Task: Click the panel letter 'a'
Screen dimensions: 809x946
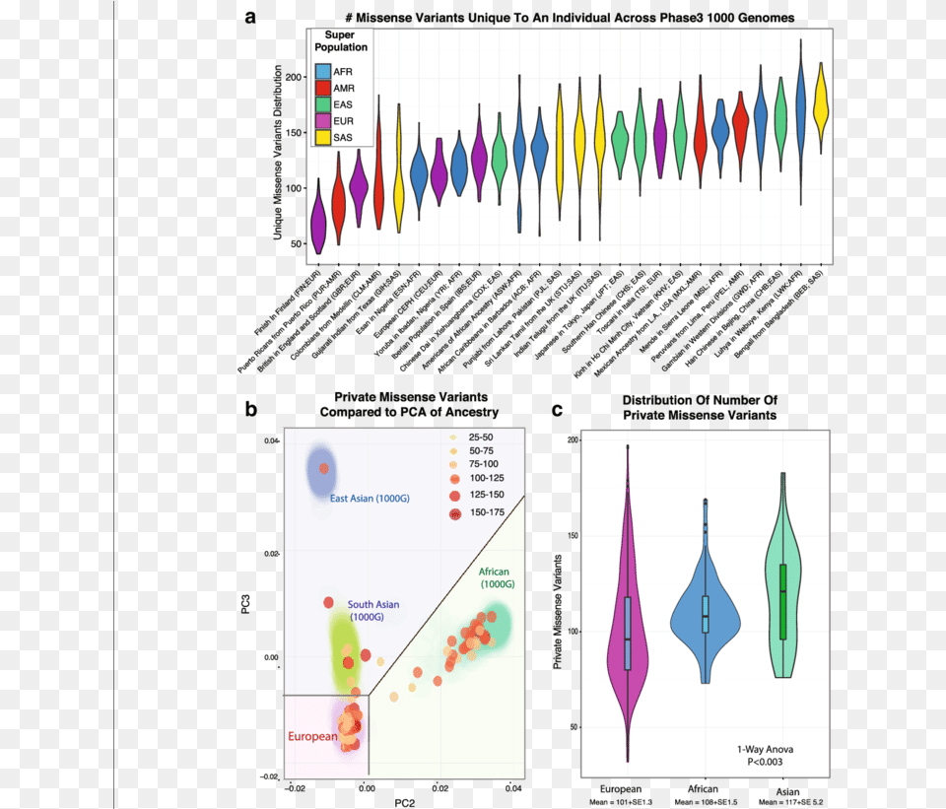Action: (252, 17)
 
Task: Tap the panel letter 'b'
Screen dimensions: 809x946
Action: (252, 408)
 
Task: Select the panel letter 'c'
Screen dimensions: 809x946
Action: (558, 410)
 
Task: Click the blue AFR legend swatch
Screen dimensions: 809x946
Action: (323, 73)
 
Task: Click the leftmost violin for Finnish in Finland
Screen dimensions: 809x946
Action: (318, 222)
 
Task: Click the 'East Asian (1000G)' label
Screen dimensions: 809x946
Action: (372, 499)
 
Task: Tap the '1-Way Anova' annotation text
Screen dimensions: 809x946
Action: (764, 750)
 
